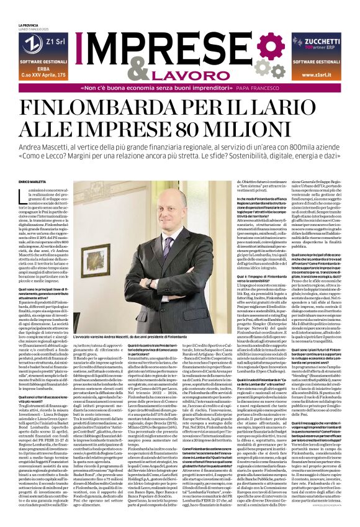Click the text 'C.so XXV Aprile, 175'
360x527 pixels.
[38, 74]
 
